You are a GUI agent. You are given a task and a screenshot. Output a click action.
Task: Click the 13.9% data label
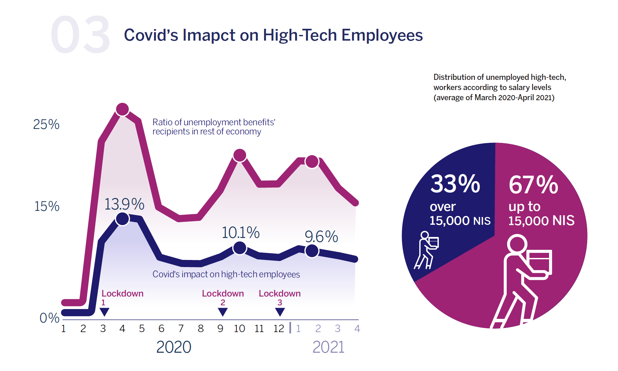tap(124, 204)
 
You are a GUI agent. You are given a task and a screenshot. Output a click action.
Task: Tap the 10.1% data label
tap(240, 233)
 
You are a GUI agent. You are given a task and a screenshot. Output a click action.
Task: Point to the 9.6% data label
tap(321, 236)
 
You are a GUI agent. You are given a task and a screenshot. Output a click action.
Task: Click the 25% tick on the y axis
tap(46, 125)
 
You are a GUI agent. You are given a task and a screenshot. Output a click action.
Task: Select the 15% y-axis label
tap(47, 206)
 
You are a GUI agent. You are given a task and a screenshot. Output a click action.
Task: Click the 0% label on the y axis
tap(49, 318)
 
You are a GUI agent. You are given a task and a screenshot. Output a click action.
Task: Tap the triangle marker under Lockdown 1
tap(104, 311)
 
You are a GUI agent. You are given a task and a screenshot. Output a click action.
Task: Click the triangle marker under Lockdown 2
tap(223, 311)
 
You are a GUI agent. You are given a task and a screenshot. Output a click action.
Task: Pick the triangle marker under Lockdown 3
tap(280, 311)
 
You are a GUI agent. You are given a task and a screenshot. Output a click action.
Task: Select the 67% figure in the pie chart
tap(533, 185)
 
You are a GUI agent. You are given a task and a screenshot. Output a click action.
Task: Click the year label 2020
tap(174, 347)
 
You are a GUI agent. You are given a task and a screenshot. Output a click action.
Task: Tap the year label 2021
tap(328, 347)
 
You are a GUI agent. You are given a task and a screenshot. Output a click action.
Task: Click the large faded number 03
tap(80, 35)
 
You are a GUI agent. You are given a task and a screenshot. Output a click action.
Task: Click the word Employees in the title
tap(382, 35)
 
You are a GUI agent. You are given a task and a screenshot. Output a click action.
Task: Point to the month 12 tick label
tap(279, 328)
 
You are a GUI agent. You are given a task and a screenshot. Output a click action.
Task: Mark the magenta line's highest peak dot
tap(122, 109)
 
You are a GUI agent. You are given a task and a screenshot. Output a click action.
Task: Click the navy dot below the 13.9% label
tap(122, 219)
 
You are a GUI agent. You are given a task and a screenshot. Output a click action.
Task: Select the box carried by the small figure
tap(433, 242)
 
